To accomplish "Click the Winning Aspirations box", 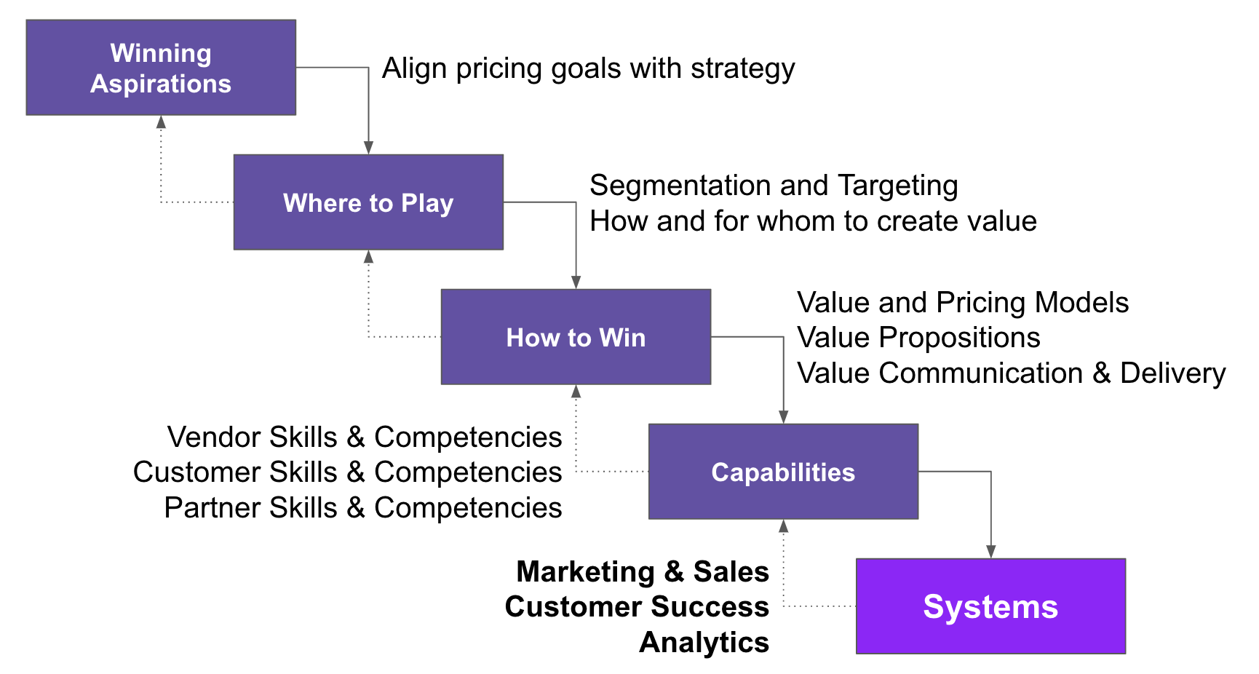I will pos(161,68).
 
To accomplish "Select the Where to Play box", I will pos(368,202).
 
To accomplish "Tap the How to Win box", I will pos(576,337).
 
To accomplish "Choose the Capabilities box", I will pos(783,472).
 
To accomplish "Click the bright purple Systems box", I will pos(990,606).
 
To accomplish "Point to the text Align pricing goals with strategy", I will pos(588,68).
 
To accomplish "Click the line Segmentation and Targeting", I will pos(774,186).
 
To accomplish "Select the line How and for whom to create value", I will pos(813,221).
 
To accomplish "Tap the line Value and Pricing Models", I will pos(962,303).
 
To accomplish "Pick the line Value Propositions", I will pos(918,338).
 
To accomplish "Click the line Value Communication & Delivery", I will pos(1011,373).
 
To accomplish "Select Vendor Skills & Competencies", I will pos(364,437).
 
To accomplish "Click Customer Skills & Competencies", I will pos(347,472).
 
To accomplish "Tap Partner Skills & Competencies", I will pos(362,508).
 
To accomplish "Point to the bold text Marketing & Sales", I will pos(642,572).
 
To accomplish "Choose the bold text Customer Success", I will pos(637,607).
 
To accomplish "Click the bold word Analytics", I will pos(704,643).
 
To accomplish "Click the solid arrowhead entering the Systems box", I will pos(990,552).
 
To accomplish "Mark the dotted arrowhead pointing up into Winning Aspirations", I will pos(161,122).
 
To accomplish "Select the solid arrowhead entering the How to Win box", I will pos(576,282).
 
